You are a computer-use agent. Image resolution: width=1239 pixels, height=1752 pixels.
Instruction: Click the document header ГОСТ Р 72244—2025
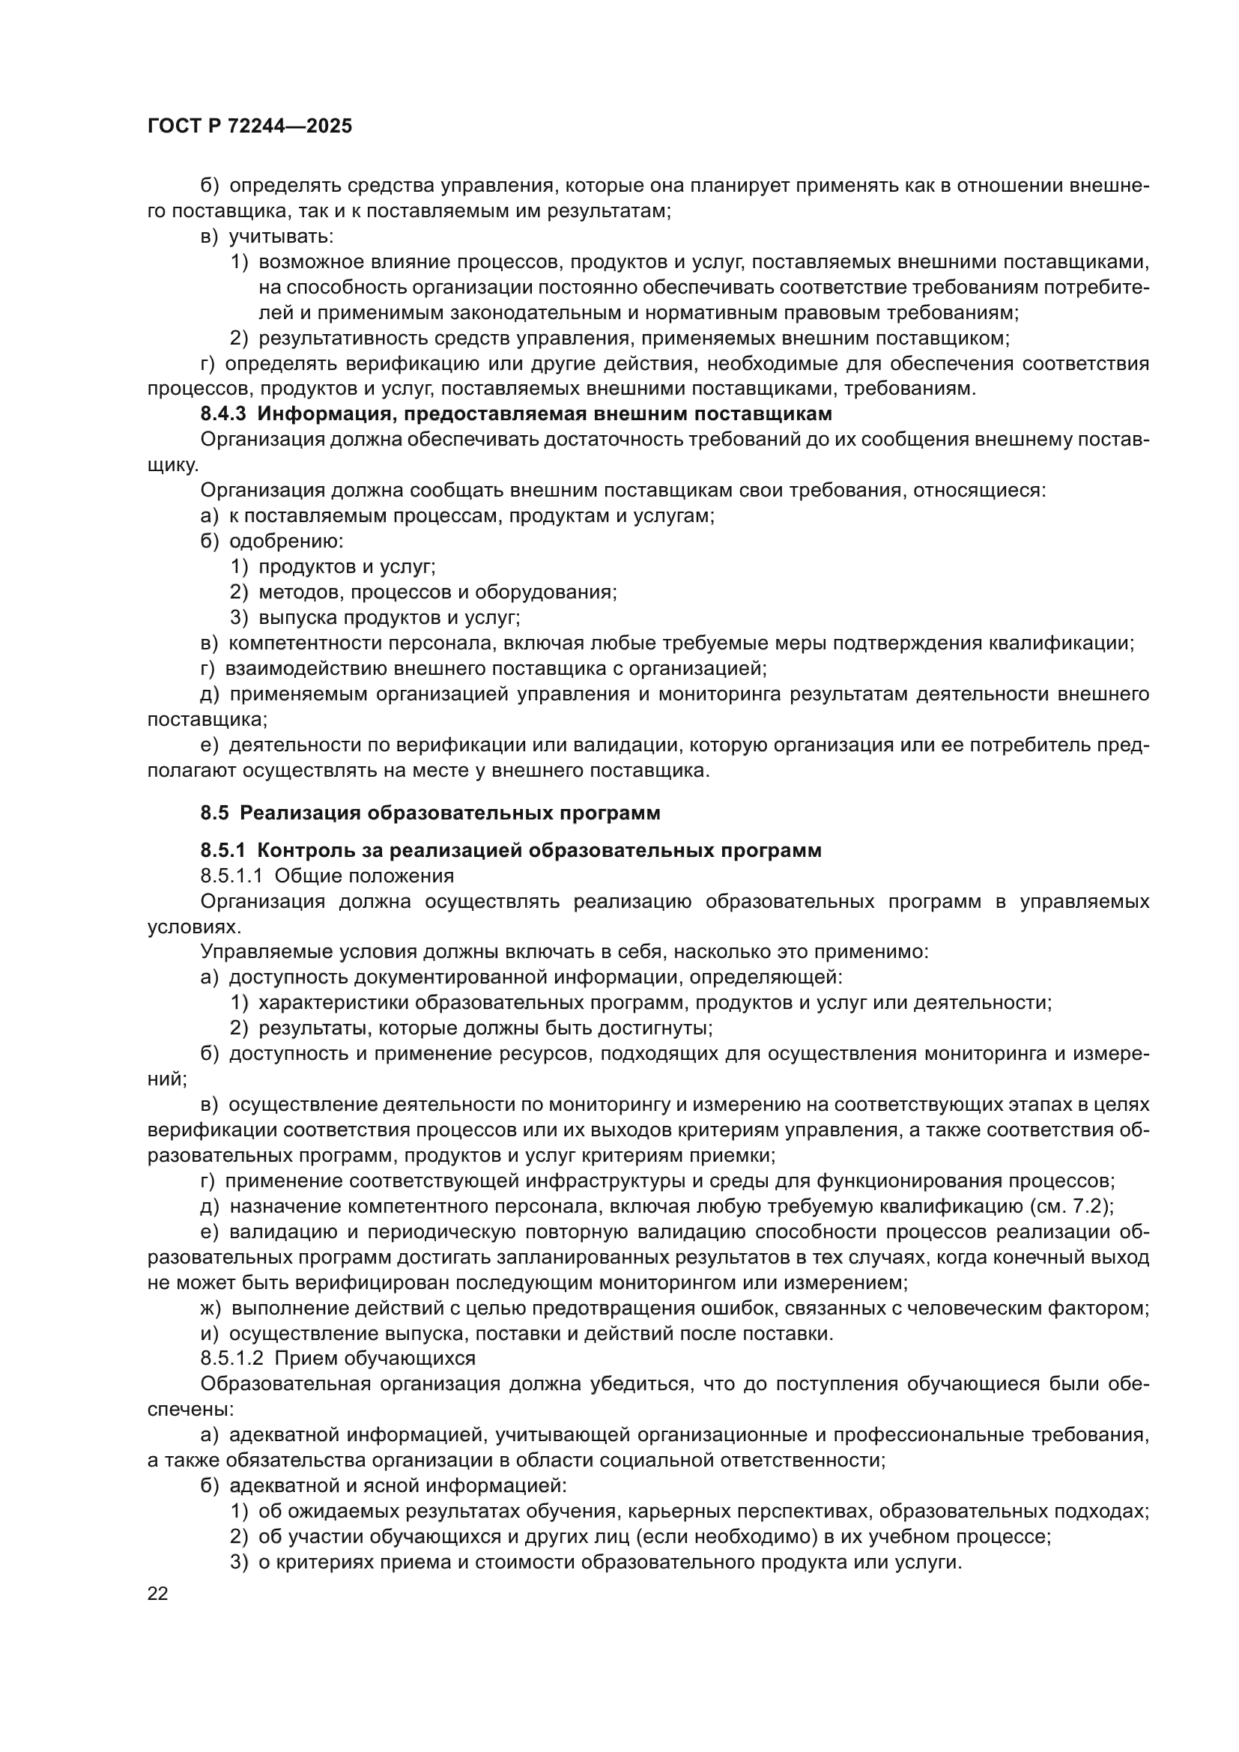point(249,127)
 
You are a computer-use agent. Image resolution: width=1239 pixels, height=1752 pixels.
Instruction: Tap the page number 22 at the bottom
point(158,1593)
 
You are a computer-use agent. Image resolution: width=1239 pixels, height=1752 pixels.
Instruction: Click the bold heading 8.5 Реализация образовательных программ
point(430,813)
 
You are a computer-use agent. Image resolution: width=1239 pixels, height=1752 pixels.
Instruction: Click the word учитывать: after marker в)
point(282,237)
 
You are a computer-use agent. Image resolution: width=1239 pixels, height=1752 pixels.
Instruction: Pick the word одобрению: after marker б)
point(286,541)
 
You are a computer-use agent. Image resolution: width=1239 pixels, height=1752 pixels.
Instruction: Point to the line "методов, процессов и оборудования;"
point(437,592)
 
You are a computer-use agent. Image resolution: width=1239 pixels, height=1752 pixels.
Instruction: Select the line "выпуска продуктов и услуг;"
point(389,617)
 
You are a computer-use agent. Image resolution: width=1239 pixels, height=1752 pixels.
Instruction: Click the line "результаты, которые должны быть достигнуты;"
point(485,1028)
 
